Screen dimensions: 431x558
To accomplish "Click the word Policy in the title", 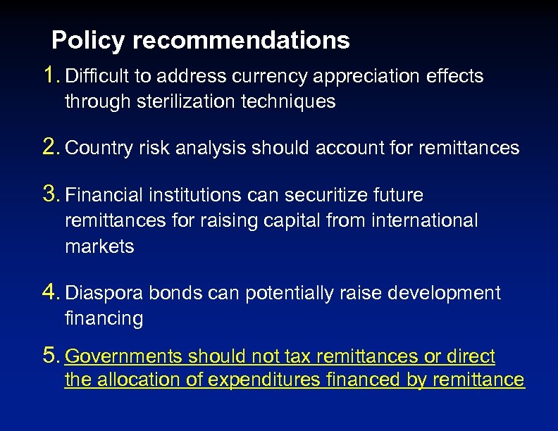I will (89, 40).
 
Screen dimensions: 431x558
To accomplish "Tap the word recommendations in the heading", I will (241, 40).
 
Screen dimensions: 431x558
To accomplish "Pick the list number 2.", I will (51, 146).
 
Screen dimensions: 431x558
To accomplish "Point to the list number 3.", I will (51, 193).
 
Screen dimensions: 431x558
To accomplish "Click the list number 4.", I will (51, 292).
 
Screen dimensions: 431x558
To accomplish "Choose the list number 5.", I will (51, 356).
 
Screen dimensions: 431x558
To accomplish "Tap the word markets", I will (99, 246).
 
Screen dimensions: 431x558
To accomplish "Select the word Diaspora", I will (99, 294).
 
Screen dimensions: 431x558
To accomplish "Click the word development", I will (444, 294).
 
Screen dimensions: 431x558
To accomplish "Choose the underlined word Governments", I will (122, 358).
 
